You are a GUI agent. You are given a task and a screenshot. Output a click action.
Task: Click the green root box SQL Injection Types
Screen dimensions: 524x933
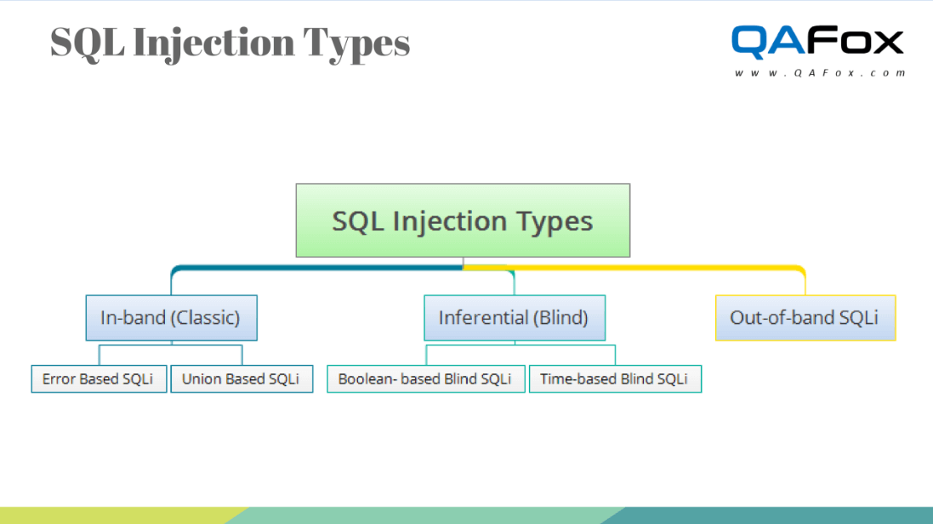click(x=463, y=220)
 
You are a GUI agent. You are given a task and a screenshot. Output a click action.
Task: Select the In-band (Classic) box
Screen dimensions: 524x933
click(x=171, y=318)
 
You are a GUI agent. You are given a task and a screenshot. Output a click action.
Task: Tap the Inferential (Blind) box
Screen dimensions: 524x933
click(x=514, y=318)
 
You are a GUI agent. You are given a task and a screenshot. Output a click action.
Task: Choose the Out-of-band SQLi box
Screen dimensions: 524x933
click(x=805, y=318)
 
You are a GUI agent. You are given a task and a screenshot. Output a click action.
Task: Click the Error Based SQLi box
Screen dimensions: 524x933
click(x=99, y=379)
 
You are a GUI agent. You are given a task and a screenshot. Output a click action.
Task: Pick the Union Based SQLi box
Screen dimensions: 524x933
click(x=242, y=379)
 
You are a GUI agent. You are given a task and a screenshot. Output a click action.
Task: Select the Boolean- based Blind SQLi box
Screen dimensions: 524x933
click(x=425, y=379)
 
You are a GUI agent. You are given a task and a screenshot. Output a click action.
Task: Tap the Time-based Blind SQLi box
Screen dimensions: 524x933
click(x=614, y=379)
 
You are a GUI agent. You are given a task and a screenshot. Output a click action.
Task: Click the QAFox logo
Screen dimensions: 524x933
click(x=817, y=42)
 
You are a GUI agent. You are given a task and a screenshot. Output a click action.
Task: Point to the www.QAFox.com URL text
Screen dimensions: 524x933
click(x=820, y=73)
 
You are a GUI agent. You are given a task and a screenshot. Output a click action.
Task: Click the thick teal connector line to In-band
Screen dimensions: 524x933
click(x=315, y=267)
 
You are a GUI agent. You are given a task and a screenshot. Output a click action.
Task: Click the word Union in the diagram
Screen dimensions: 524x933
click(x=201, y=379)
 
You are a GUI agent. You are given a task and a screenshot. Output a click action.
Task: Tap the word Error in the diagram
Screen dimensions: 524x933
click(x=59, y=379)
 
